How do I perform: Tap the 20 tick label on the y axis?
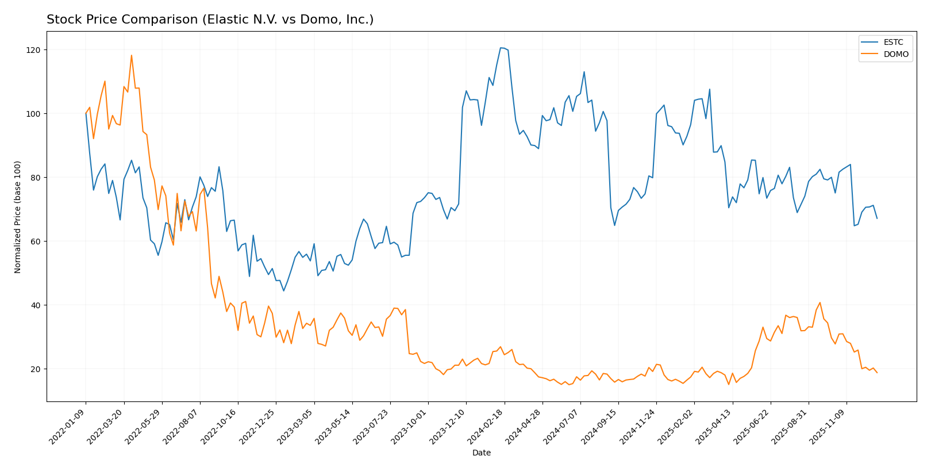click(35, 369)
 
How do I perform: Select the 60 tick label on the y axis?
click(35, 242)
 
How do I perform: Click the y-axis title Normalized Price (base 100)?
click(18, 217)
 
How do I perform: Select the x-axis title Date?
click(481, 453)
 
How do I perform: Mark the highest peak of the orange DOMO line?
click(131, 55)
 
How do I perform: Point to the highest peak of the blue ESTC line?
click(501, 48)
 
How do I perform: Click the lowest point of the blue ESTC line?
click(283, 290)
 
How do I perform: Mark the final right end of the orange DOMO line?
click(877, 373)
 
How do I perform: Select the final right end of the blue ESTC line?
click(877, 219)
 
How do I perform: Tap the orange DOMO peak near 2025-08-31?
click(820, 302)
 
